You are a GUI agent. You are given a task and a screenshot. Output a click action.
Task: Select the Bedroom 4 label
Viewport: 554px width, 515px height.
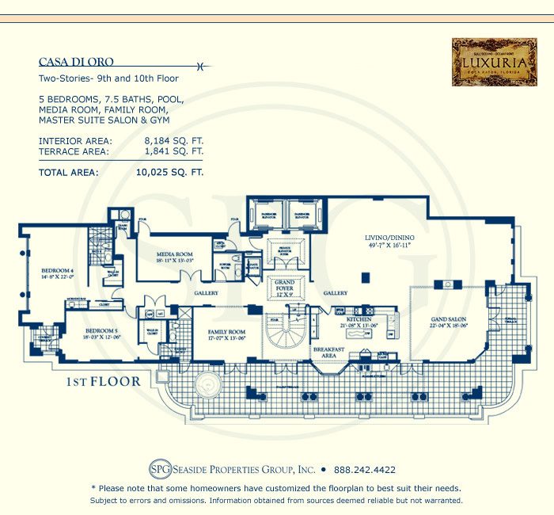[x=56, y=273]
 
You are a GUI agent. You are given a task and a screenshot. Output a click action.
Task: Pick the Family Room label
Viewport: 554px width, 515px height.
[x=226, y=334]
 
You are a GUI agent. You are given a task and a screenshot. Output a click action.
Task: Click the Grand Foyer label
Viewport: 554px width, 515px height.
[x=284, y=286]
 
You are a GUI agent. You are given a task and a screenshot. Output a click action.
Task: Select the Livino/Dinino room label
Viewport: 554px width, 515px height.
[x=384, y=241]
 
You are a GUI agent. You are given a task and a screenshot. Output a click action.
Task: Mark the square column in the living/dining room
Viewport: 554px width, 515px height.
[x=366, y=277]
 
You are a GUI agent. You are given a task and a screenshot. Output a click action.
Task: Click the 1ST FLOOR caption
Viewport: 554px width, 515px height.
[x=104, y=382]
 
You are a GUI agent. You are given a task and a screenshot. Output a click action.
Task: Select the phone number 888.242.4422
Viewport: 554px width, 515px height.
[x=365, y=469]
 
